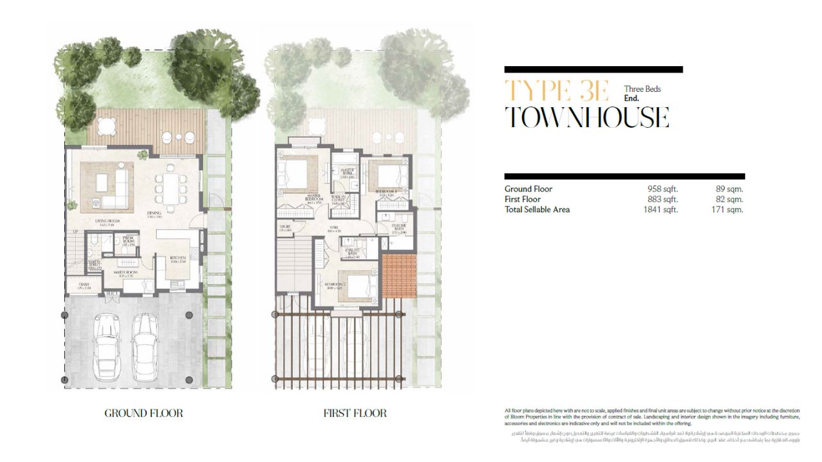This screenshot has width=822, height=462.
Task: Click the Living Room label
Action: coord(109,221)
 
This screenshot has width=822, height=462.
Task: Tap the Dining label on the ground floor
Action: coord(153,215)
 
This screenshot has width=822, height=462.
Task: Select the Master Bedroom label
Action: coord(314,198)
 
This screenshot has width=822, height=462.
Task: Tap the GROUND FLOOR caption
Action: coord(144,413)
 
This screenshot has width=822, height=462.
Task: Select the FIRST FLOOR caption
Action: coord(355,413)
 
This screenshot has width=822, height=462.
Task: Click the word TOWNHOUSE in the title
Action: coord(586,117)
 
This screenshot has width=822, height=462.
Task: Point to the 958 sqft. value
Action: coord(662,189)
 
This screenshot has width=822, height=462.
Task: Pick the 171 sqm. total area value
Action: coord(729,210)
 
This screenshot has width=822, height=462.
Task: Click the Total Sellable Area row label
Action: coord(537,210)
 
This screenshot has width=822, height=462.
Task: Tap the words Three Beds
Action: coord(642,89)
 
